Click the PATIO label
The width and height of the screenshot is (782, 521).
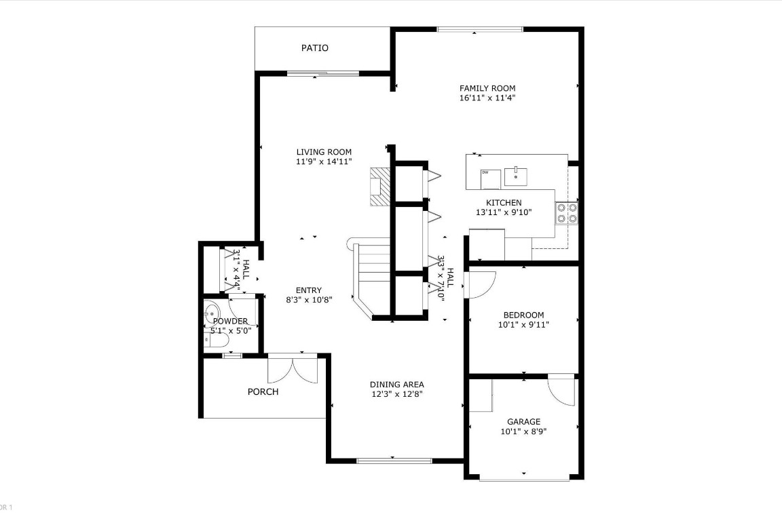tap(315, 48)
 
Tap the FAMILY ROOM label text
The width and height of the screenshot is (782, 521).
tap(487, 88)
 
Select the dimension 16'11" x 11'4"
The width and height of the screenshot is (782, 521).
tap(487, 98)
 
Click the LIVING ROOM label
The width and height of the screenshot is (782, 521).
tap(324, 152)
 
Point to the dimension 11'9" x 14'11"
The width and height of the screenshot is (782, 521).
tap(324, 161)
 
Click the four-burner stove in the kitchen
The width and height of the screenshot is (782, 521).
tap(566, 213)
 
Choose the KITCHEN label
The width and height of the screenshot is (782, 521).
tap(504, 203)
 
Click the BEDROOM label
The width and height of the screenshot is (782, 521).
tap(523, 315)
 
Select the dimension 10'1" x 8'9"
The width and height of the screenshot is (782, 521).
tap(523, 431)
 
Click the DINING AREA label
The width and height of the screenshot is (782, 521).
tap(397, 385)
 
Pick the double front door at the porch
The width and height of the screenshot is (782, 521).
tap(292, 369)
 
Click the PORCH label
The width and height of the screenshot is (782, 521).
tap(263, 391)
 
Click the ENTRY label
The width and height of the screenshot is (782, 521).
tap(309, 290)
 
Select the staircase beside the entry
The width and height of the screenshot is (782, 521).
tap(370, 271)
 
